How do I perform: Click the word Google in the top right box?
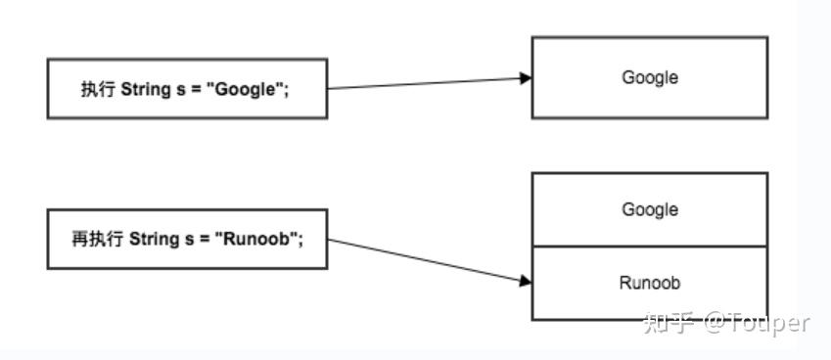tap(649, 77)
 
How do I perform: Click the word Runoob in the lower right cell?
tap(649, 283)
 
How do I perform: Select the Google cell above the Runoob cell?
tap(649, 209)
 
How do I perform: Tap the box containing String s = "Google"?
tap(187, 89)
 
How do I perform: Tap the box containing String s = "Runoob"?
tap(187, 238)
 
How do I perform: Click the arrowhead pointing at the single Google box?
tap(526, 78)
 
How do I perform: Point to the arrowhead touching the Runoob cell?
tap(526, 281)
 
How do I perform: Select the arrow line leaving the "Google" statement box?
tap(421, 83)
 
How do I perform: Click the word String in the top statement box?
tap(143, 89)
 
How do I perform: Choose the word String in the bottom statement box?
tap(153, 238)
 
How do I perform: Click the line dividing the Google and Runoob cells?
tap(649, 246)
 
